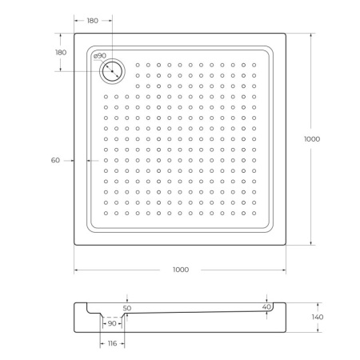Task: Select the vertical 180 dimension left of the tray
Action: click(x=61, y=52)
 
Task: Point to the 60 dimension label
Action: click(x=55, y=161)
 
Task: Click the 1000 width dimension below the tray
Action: click(x=181, y=270)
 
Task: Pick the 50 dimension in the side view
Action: click(x=127, y=307)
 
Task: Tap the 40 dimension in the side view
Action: click(x=266, y=306)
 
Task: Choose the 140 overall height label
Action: click(x=317, y=317)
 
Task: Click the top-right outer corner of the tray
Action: click(x=286, y=33)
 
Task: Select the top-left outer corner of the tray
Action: click(x=75, y=33)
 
